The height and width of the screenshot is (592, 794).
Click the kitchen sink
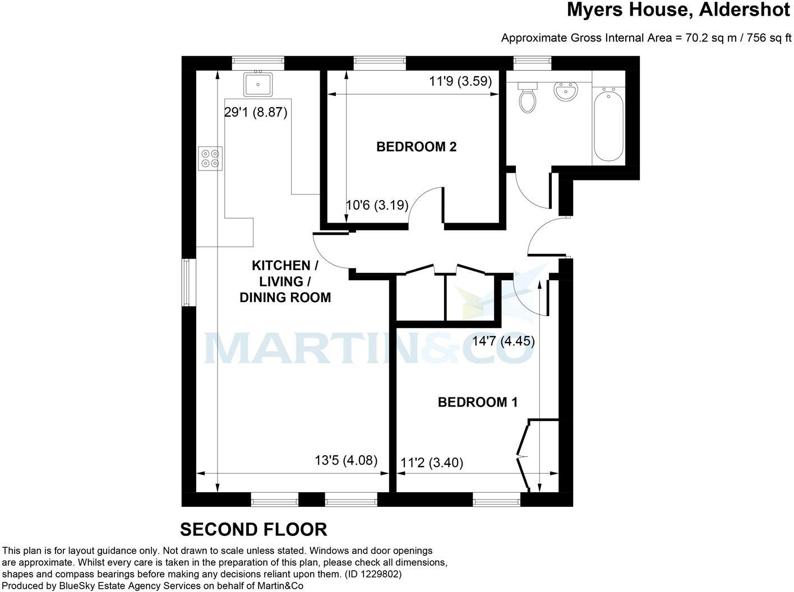258,84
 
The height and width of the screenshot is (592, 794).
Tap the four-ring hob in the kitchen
211,158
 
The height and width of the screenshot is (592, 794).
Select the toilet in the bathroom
527,98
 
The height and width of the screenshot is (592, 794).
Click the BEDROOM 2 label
416,147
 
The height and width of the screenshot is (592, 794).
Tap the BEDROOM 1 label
477,402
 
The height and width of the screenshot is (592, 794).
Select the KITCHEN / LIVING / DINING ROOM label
285,281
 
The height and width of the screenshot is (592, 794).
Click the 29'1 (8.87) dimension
256,113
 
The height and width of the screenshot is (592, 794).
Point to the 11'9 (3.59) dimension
460,81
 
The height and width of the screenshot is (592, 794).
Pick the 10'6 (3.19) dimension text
377,205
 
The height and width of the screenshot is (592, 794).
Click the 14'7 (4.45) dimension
503,341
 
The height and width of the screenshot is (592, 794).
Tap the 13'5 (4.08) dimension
345,461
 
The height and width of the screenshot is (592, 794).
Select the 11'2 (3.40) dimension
432,463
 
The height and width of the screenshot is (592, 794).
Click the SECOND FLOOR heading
253,529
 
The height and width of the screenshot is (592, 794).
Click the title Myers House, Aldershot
678,10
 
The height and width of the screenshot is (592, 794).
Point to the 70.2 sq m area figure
700,38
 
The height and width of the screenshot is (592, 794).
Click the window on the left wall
189,283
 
